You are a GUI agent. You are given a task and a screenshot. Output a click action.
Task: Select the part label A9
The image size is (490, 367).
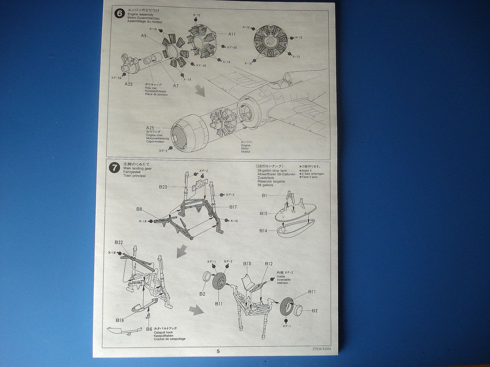(144, 35)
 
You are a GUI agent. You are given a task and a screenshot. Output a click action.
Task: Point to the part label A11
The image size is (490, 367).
(232, 34)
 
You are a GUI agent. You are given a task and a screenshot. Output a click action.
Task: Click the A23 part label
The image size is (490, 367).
(128, 84)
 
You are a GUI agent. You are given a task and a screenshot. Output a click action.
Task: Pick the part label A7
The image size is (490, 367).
(176, 86)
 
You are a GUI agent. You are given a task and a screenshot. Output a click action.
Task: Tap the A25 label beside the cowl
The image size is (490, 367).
(150, 128)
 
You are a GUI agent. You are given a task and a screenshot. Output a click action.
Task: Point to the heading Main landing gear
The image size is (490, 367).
(137, 168)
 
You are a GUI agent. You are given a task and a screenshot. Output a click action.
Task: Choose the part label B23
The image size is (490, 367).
(163, 187)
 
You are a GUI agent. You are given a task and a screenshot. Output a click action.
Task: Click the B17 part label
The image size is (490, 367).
(233, 207)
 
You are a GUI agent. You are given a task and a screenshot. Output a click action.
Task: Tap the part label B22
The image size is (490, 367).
(119, 242)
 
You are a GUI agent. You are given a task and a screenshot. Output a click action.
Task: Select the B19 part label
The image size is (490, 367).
(120, 320)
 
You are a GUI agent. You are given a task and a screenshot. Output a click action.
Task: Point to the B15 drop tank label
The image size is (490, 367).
(263, 213)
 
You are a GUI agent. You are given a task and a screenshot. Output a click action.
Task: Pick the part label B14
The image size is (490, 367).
(263, 231)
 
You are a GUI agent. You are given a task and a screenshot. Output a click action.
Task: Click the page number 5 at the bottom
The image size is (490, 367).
(218, 351)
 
